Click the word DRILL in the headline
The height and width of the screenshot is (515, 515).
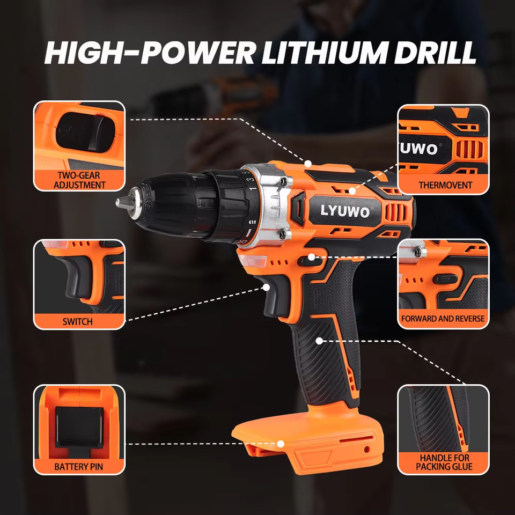tap(435, 53)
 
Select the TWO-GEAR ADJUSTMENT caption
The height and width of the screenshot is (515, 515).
tap(79, 180)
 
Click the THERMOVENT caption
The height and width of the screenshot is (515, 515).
tap(445, 185)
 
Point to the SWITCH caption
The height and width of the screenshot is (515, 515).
tap(77, 321)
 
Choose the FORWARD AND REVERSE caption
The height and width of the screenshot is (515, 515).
tap(443, 319)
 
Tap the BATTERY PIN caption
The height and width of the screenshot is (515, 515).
tap(78, 467)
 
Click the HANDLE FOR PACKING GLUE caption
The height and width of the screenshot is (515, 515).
tap(444, 462)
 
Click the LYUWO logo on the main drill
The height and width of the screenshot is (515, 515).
tap(345, 211)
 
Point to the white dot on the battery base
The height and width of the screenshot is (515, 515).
tap(281, 444)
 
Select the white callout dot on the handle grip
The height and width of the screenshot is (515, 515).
tap(319, 341)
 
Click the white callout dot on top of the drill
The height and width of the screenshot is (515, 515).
tap(308, 163)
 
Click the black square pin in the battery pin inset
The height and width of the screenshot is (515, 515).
tap(79, 428)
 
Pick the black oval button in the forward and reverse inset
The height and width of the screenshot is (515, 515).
tap(445, 279)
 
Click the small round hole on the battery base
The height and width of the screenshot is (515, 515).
tap(367, 449)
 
